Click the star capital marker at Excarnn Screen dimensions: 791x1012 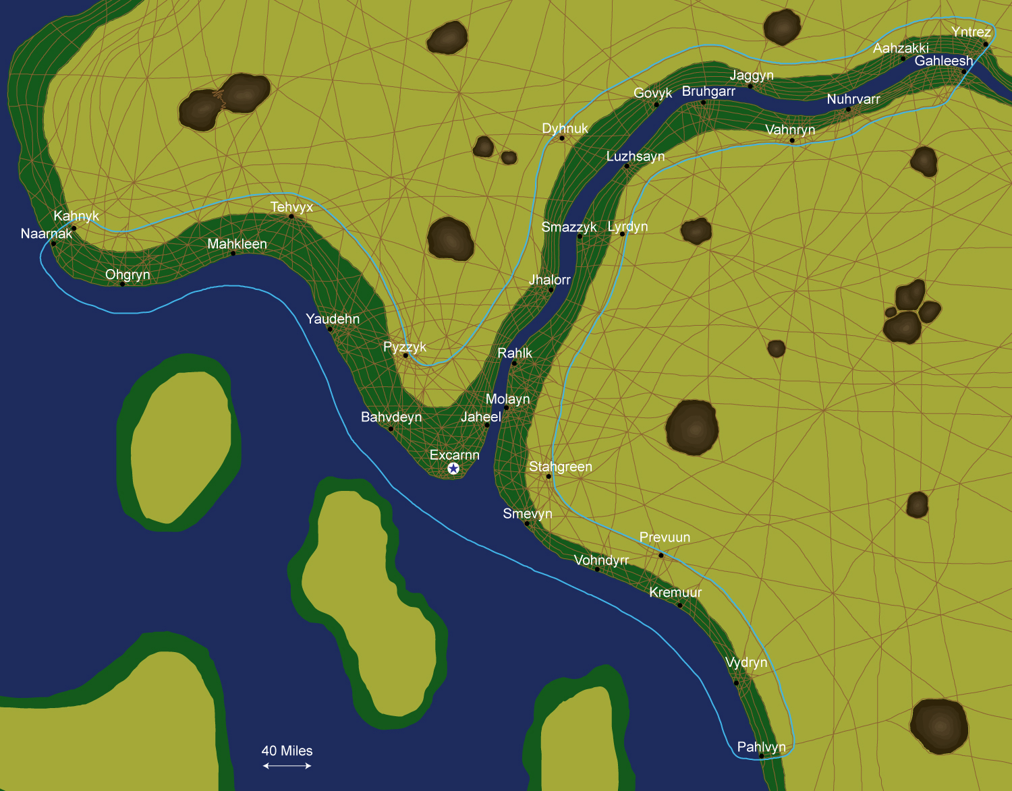point(453,469)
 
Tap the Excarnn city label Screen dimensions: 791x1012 point(454,455)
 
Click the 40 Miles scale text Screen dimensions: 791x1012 point(287,751)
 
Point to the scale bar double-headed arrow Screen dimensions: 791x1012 point(287,765)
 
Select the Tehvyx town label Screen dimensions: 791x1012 point(291,207)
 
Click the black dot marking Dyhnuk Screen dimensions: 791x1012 point(562,138)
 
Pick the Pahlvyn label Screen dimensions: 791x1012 point(761,746)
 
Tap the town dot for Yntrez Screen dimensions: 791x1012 point(985,45)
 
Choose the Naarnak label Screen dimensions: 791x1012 point(46,234)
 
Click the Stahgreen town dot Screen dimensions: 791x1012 point(549,477)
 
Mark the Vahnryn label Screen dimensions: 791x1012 point(790,129)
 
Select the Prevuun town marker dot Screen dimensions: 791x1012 point(661,555)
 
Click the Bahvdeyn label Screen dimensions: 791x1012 point(391,417)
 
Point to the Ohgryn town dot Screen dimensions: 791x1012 point(122,284)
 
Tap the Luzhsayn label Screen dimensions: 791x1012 point(635,156)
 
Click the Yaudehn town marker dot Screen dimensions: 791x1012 point(330,328)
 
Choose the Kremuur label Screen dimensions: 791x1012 point(675,592)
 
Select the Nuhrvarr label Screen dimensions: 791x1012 point(853,99)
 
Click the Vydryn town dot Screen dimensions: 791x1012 point(736,682)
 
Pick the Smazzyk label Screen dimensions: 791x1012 point(569,227)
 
